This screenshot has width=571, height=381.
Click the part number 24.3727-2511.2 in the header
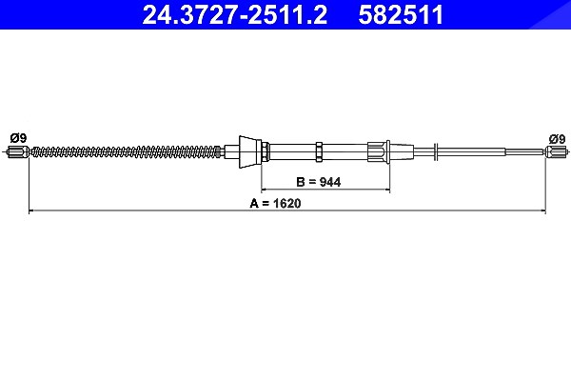pyautogui.click(x=235, y=14)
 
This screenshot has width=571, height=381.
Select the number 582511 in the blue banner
pyautogui.click(x=401, y=14)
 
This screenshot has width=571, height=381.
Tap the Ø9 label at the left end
pyautogui.click(x=19, y=138)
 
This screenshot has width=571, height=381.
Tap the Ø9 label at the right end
pyautogui.click(x=557, y=139)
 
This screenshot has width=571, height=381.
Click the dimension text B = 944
pyautogui.click(x=319, y=182)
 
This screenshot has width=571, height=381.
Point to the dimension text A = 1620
pyautogui.click(x=275, y=203)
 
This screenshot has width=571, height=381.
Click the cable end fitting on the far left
pyautogui.click(x=18, y=151)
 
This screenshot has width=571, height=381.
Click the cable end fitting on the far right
pyautogui.click(x=556, y=151)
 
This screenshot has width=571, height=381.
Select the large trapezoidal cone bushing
pyautogui.click(x=250, y=152)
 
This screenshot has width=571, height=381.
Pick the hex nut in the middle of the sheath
pyautogui.click(x=319, y=152)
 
